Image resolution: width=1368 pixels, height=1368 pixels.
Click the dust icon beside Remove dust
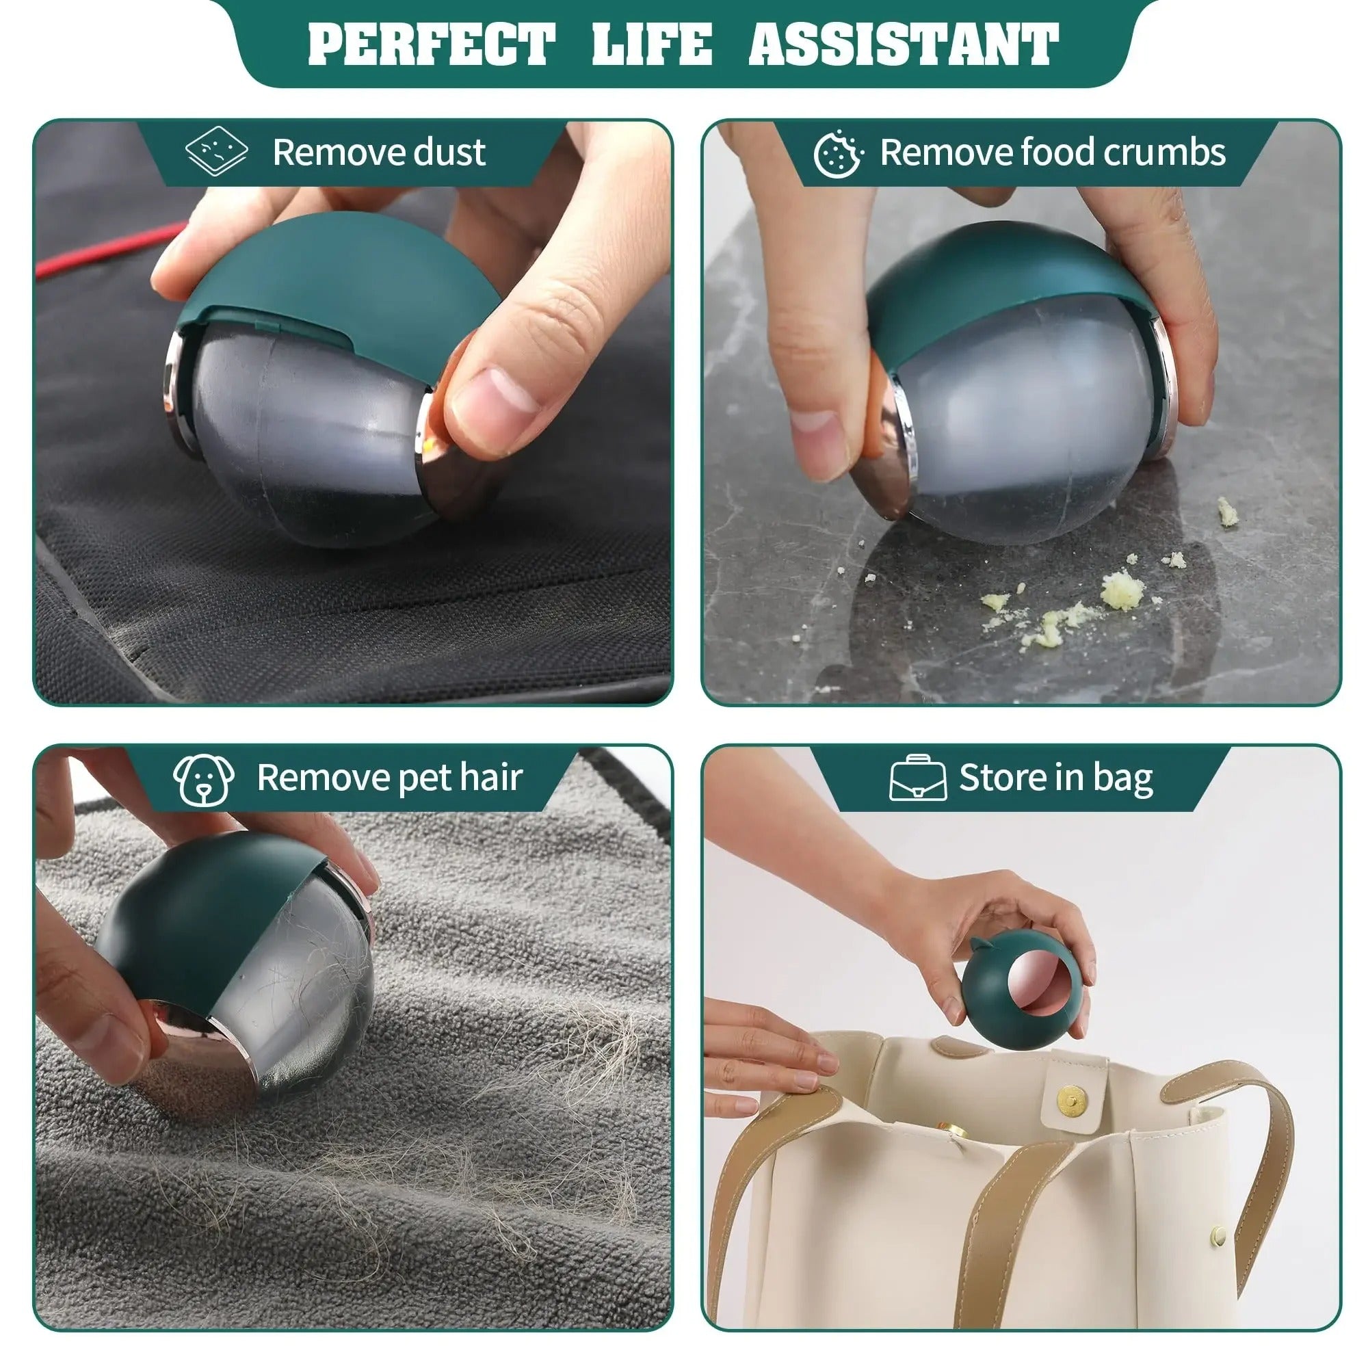click(x=216, y=152)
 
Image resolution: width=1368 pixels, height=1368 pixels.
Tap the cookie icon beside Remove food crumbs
click(x=838, y=153)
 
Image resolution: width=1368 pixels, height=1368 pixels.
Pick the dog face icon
click(x=204, y=779)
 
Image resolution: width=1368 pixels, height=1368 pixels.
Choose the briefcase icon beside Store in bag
click(x=918, y=778)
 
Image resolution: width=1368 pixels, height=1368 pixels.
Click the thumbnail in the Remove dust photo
click(x=496, y=397)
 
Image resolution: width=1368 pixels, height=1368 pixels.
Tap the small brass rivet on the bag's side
click(x=1219, y=1235)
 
